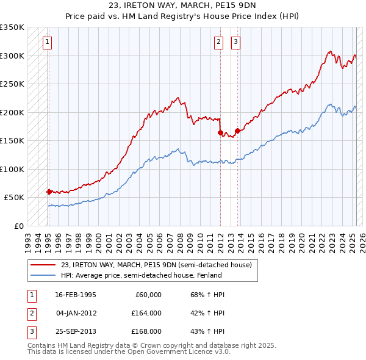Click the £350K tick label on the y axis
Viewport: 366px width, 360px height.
pyautogui.click(x=12, y=27)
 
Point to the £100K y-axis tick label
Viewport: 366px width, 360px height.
pyautogui.click(x=12, y=169)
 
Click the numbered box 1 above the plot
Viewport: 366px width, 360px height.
pyautogui.click(x=47, y=42)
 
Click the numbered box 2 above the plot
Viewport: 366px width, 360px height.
pyautogui.click(x=218, y=42)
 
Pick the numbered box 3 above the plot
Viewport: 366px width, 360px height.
pyautogui.click(x=235, y=42)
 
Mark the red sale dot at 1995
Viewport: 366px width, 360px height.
pyautogui.click(x=49, y=192)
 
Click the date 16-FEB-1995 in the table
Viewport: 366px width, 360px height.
pyautogui.click(x=76, y=295)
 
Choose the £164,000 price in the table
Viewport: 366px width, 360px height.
pyautogui.click(x=146, y=313)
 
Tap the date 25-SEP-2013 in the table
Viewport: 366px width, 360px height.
pyautogui.click(x=76, y=331)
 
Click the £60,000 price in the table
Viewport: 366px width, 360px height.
pyautogui.click(x=148, y=295)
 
